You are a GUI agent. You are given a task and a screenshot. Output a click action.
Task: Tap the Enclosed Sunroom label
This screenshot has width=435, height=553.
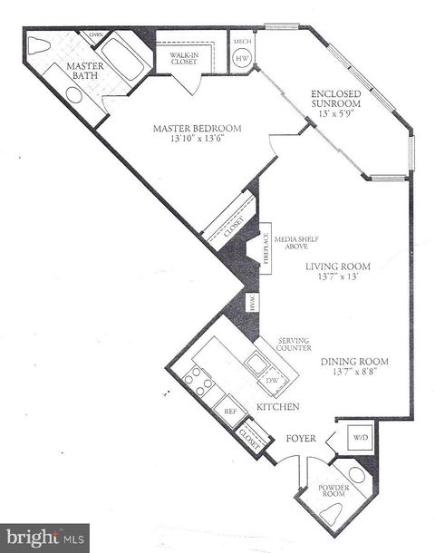[337, 99]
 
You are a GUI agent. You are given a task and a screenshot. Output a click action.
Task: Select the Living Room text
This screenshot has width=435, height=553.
[337, 271]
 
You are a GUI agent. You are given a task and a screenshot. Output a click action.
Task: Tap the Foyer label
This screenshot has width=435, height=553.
[301, 439]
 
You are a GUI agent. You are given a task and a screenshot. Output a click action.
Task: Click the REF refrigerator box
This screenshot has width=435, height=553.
[230, 411]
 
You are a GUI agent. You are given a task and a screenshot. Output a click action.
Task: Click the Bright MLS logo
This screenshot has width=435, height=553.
[45, 537]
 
